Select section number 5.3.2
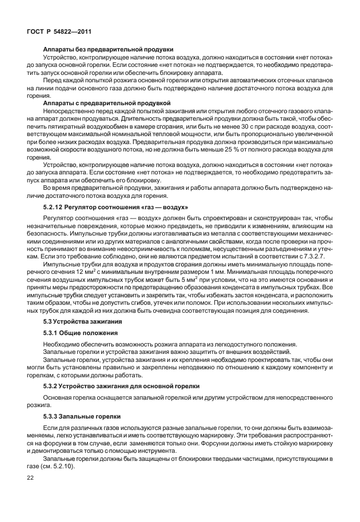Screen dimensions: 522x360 [x=54, y=385]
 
